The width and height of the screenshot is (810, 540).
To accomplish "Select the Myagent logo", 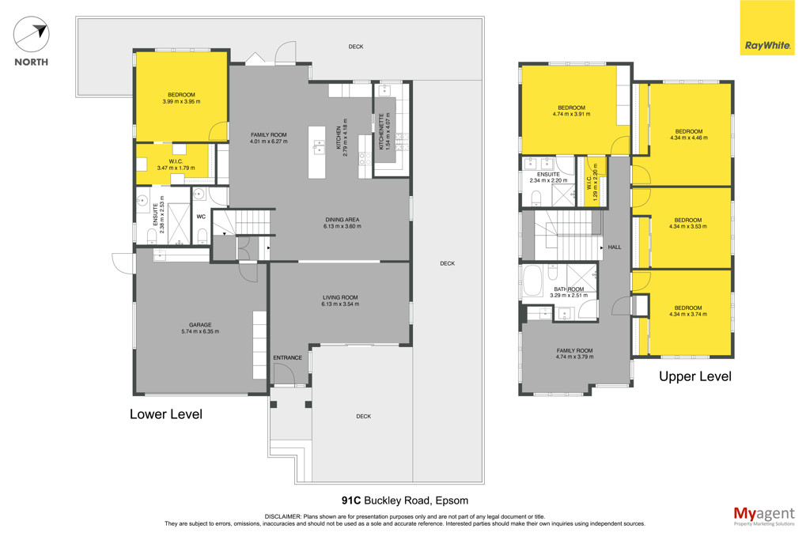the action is click(764, 515).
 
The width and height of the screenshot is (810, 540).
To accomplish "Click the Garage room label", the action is click(200, 325).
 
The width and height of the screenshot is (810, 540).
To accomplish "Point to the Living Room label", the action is click(340, 297).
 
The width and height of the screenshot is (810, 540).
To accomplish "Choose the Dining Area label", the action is click(342, 220).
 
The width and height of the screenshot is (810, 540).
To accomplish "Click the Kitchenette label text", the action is click(382, 132).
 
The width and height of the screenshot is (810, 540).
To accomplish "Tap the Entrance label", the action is click(288, 358).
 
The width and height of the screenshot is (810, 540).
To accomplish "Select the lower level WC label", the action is click(201, 217).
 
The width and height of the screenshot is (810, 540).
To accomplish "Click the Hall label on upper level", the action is click(614, 247).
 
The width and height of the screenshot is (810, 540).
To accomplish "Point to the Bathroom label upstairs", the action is click(569, 289).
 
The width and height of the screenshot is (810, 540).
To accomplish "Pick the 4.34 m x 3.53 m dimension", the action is click(688, 226).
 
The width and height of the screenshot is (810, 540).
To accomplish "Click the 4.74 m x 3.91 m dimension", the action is click(571, 114).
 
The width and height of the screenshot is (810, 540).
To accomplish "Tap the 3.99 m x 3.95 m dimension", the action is click(181, 101).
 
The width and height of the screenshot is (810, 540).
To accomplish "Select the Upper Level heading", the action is click(695, 376).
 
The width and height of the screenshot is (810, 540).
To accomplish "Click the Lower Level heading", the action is click(166, 414).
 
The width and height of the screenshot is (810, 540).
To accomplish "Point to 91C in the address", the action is click(351, 500).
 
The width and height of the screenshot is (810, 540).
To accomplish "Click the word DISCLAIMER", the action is click(282, 516).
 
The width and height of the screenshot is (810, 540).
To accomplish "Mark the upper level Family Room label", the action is click(574, 350).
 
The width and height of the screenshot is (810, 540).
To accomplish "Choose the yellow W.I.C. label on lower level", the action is click(176, 161).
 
